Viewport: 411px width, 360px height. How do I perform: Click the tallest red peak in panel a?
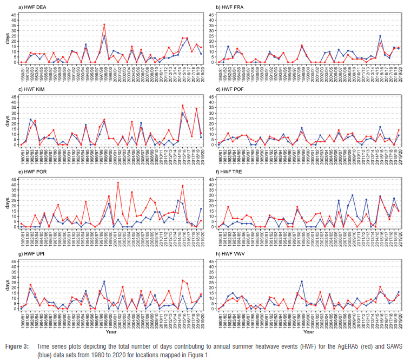(104, 24)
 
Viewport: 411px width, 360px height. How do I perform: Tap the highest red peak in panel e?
(118, 182)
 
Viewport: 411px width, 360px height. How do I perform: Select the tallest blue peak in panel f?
(353, 195)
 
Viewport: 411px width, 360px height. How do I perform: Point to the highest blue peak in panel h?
(302, 282)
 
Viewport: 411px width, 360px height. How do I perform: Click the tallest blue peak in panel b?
(380, 36)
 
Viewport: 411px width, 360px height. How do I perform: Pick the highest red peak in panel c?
(183, 105)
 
